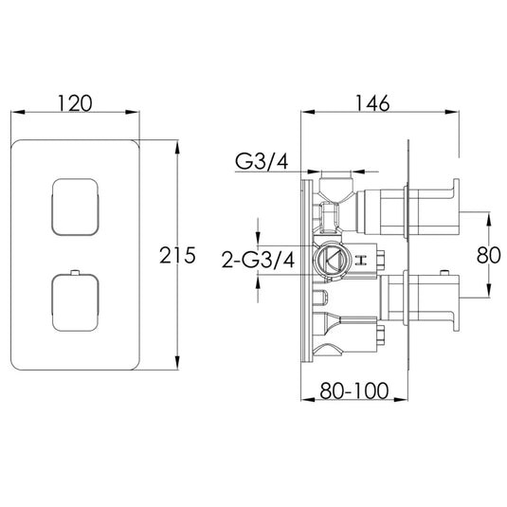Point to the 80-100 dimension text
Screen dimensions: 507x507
point(356,389)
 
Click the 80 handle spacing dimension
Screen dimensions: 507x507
point(489,255)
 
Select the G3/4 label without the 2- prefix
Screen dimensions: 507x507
point(261,162)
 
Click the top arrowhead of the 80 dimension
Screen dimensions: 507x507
point(489,216)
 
